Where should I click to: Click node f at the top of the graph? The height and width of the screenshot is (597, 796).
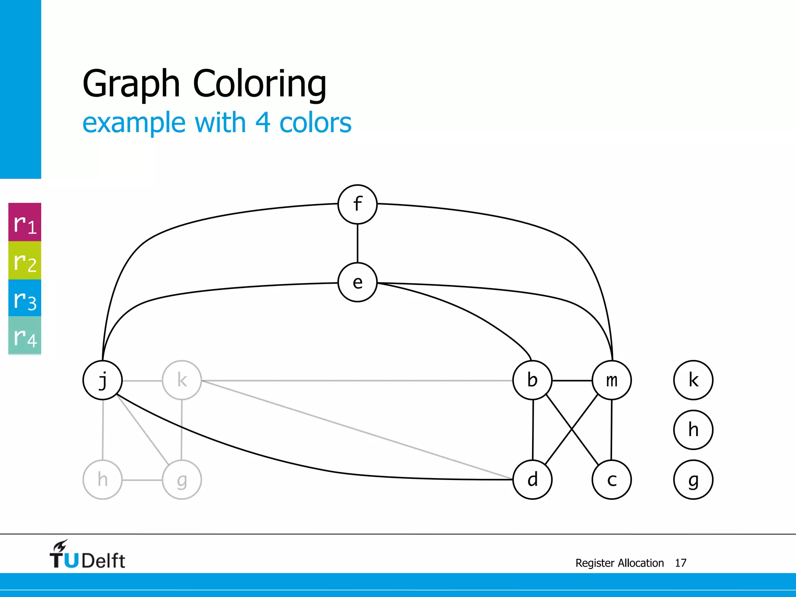pyautogui.click(x=358, y=204)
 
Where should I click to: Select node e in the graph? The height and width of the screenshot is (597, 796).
pyautogui.click(x=358, y=283)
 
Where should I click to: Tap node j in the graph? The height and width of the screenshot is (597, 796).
pyautogui.click(x=103, y=380)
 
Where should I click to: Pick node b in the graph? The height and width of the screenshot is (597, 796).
pyautogui.click(x=532, y=380)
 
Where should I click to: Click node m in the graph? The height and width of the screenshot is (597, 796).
pyautogui.click(x=612, y=380)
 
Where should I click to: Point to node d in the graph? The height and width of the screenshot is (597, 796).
pyautogui.click(x=532, y=480)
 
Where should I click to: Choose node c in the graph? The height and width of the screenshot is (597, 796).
pyautogui.click(x=612, y=480)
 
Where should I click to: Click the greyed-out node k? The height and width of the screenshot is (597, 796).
pyautogui.click(x=182, y=380)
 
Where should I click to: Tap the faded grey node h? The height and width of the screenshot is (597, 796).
pyautogui.click(x=103, y=480)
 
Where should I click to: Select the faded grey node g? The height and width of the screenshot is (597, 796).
pyautogui.click(x=182, y=480)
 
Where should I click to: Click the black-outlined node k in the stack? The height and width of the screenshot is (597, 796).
pyautogui.click(x=693, y=380)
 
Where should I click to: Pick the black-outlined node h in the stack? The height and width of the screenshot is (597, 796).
pyautogui.click(x=693, y=430)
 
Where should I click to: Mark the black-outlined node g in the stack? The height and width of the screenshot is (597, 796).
pyautogui.click(x=693, y=480)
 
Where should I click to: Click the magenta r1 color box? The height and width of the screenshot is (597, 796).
pyautogui.click(x=25, y=222)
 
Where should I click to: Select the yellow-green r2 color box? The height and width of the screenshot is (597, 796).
pyautogui.click(x=25, y=260)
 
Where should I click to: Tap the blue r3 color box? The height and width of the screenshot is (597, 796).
pyautogui.click(x=25, y=298)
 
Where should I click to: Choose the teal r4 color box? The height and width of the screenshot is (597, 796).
pyautogui.click(x=25, y=335)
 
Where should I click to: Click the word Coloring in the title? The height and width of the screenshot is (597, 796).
pyautogui.click(x=260, y=84)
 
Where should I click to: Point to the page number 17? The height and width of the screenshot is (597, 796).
pyautogui.click(x=681, y=563)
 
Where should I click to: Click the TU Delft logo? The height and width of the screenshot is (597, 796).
pyautogui.click(x=87, y=555)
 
